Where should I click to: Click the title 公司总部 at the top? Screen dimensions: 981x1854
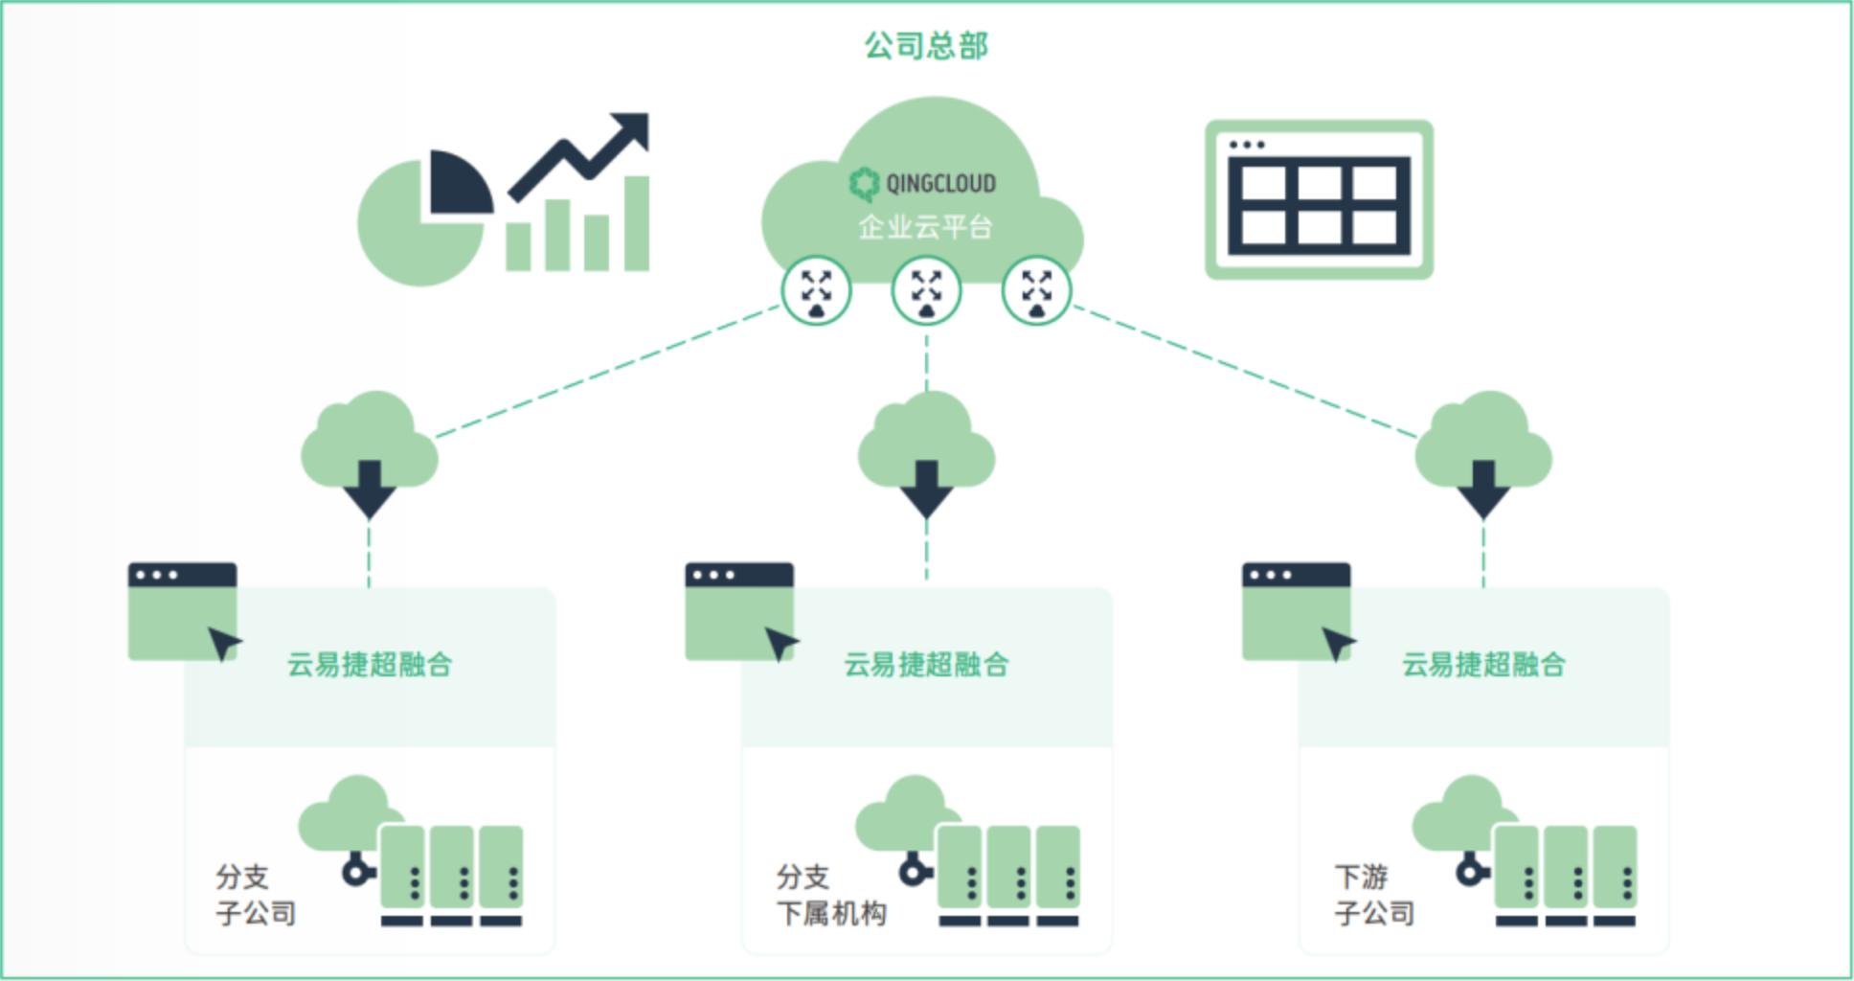coord(926,45)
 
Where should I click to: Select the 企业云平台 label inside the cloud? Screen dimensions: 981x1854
coord(925,227)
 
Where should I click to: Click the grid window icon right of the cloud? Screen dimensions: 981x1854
coord(1319,199)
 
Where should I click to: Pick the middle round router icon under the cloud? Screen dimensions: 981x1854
coord(926,290)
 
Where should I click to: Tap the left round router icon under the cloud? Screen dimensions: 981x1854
coord(816,290)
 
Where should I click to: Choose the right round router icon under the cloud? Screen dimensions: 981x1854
coord(1036,290)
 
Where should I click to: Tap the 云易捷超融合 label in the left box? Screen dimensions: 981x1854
coord(370,664)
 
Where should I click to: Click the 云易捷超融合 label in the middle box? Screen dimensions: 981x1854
coord(926,664)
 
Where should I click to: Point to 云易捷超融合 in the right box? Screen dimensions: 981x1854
coord(1483,664)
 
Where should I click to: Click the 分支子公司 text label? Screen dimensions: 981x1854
coord(255,895)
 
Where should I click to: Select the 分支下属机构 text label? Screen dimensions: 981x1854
coord(830,895)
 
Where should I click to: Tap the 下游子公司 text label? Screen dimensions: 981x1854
coord(1374,895)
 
